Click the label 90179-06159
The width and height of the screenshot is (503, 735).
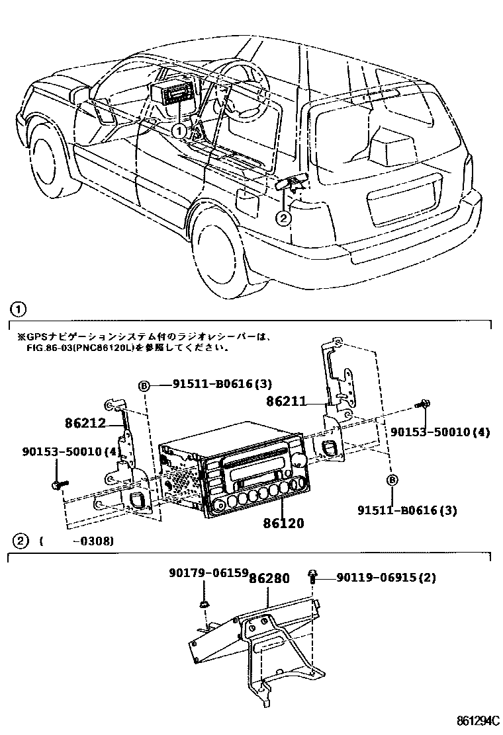203,572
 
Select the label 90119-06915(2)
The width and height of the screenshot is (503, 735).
386,578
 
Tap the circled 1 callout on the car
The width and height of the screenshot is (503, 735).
179,131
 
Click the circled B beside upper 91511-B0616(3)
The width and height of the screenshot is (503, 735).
143,385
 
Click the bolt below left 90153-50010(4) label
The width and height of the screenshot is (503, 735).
56,486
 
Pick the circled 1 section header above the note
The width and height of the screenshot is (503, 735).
20,309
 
